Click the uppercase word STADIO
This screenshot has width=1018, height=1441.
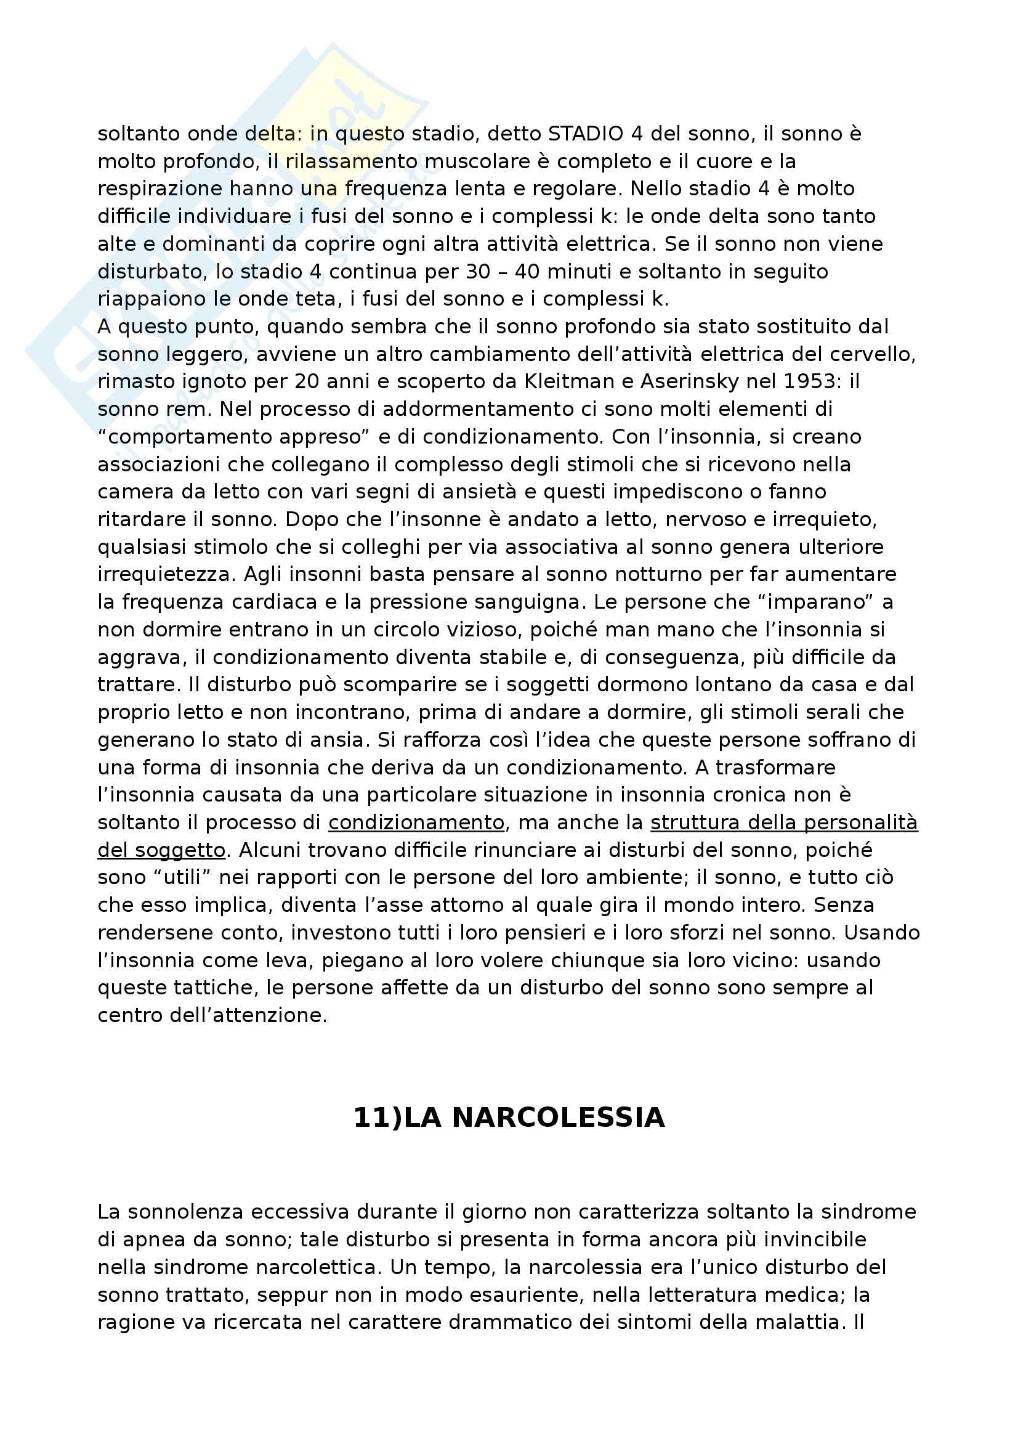586,134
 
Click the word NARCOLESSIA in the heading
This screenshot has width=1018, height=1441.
535,1118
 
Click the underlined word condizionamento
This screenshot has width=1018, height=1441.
416,823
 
